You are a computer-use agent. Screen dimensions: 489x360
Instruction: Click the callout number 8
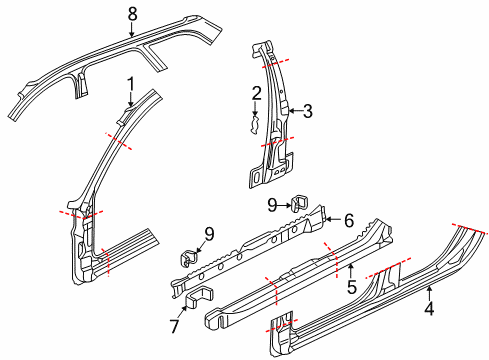[132, 14]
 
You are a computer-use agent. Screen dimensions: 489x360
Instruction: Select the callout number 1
[131, 84]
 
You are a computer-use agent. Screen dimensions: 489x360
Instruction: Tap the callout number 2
[256, 94]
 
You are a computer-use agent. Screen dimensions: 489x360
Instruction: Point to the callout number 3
[308, 111]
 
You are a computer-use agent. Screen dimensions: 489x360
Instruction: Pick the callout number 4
[429, 308]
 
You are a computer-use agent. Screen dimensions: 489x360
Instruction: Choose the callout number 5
[352, 287]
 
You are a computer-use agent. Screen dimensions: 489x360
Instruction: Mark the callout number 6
[349, 221]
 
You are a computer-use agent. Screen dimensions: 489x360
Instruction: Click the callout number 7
[175, 326]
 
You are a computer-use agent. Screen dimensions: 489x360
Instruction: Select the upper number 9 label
[272, 205]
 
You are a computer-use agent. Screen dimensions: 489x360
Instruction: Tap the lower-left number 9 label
[209, 234]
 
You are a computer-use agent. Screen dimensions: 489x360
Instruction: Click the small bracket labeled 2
[255, 125]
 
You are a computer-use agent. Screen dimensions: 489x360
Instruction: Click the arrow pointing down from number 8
[132, 30]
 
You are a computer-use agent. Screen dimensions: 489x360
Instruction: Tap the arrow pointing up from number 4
[429, 293]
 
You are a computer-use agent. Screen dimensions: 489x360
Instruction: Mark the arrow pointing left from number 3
[295, 111]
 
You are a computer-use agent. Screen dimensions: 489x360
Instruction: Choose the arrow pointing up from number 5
[351, 271]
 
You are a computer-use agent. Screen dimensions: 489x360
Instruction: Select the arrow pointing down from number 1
[130, 99]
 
